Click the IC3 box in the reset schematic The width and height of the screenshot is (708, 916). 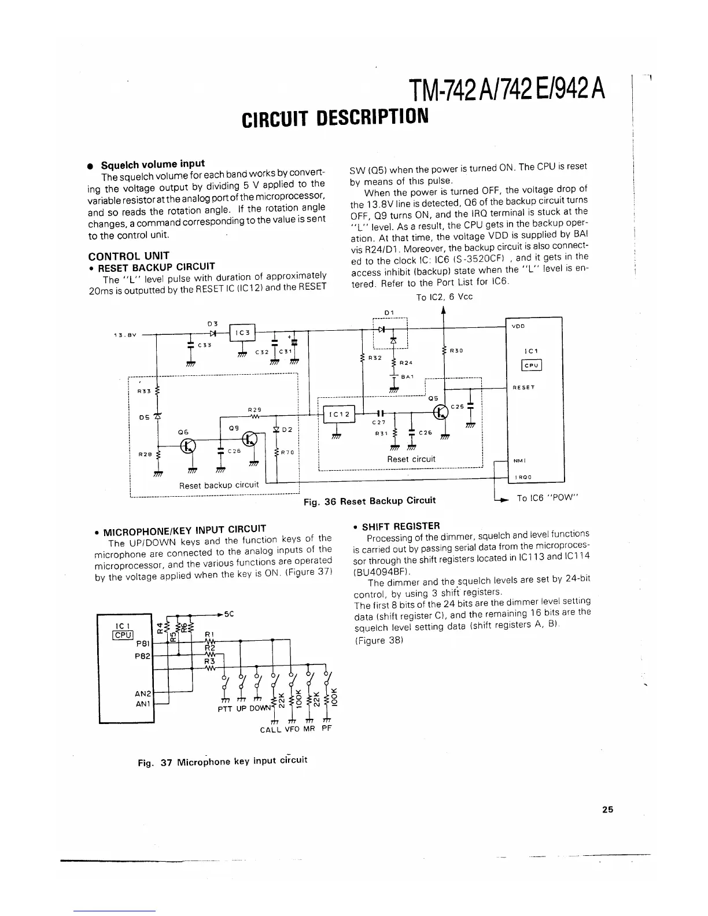click(x=243, y=333)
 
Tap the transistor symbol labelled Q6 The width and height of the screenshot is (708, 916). click(x=188, y=445)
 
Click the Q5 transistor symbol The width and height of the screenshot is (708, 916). click(x=442, y=413)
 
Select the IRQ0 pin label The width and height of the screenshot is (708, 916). click(x=522, y=477)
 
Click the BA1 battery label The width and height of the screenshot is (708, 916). click(x=408, y=376)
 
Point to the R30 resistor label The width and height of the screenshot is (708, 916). click(x=457, y=350)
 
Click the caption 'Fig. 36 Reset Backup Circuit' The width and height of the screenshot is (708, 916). click(x=370, y=501)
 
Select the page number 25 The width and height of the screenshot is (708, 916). click(x=607, y=810)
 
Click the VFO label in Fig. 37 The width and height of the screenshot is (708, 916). click(x=292, y=729)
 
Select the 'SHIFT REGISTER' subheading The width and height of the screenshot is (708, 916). click(x=400, y=526)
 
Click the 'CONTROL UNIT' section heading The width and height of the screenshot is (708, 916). click(x=128, y=256)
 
